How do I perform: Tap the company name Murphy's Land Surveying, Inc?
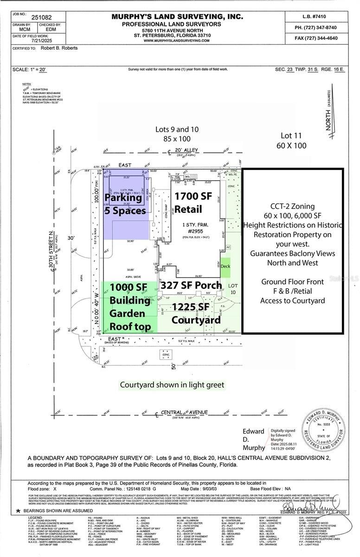177,17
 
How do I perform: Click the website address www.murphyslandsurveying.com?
177,41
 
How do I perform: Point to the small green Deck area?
225,266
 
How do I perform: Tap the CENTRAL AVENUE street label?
184,412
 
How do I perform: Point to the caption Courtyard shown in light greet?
172,385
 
